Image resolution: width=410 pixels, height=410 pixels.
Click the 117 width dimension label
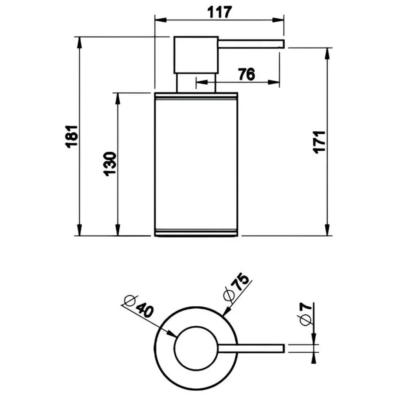(220, 12)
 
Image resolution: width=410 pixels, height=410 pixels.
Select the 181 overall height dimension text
(72, 137)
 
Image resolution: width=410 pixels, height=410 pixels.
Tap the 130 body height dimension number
(110, 164)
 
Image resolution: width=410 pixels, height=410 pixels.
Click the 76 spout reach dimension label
(246, 74)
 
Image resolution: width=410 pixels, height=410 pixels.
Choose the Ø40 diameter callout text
(139, 306)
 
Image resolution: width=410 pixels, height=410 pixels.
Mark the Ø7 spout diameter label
(306, 314)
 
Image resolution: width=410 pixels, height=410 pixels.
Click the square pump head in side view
(196, 55)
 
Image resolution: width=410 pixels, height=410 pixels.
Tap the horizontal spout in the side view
(251, 44)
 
